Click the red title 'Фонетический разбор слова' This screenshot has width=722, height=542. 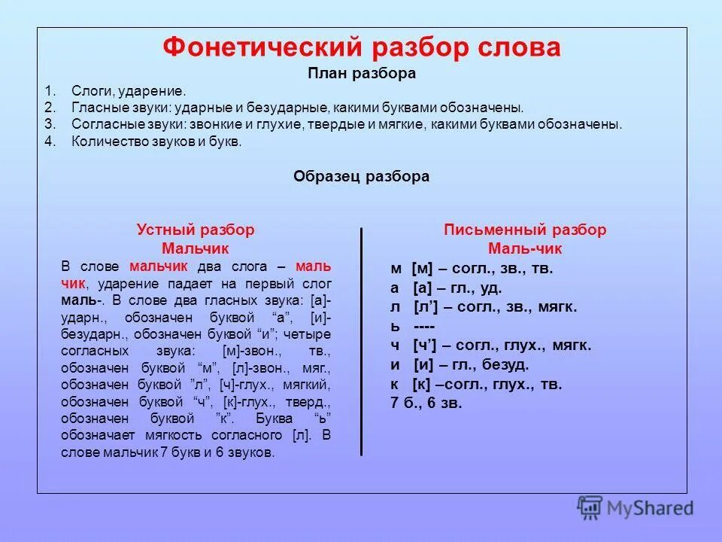(362, 47)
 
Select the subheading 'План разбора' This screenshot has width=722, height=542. (362, 74)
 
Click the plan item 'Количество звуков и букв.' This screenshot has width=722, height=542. (156, 141)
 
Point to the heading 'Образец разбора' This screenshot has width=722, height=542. (361, 176)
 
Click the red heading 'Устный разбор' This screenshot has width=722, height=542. (196, 230)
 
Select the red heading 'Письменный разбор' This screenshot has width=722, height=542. (525, 230)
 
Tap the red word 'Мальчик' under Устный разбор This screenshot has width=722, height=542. (196, 248)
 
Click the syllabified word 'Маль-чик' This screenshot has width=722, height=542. (525, 248)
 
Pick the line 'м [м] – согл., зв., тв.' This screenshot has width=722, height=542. (472, 268)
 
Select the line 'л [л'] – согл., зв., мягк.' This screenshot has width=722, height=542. (484, 307)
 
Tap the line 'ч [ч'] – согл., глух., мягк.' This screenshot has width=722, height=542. (490, 346)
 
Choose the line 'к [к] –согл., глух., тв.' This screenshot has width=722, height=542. (476, 385)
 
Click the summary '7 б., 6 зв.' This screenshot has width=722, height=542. (426, 403)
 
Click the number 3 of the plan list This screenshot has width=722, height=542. (48, 124)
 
